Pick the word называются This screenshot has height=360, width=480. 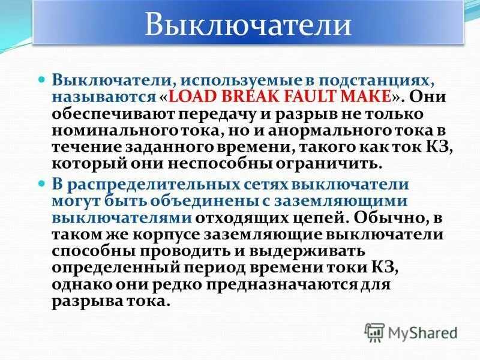click(103, 97)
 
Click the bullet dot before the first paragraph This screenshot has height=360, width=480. click(41, 80)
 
